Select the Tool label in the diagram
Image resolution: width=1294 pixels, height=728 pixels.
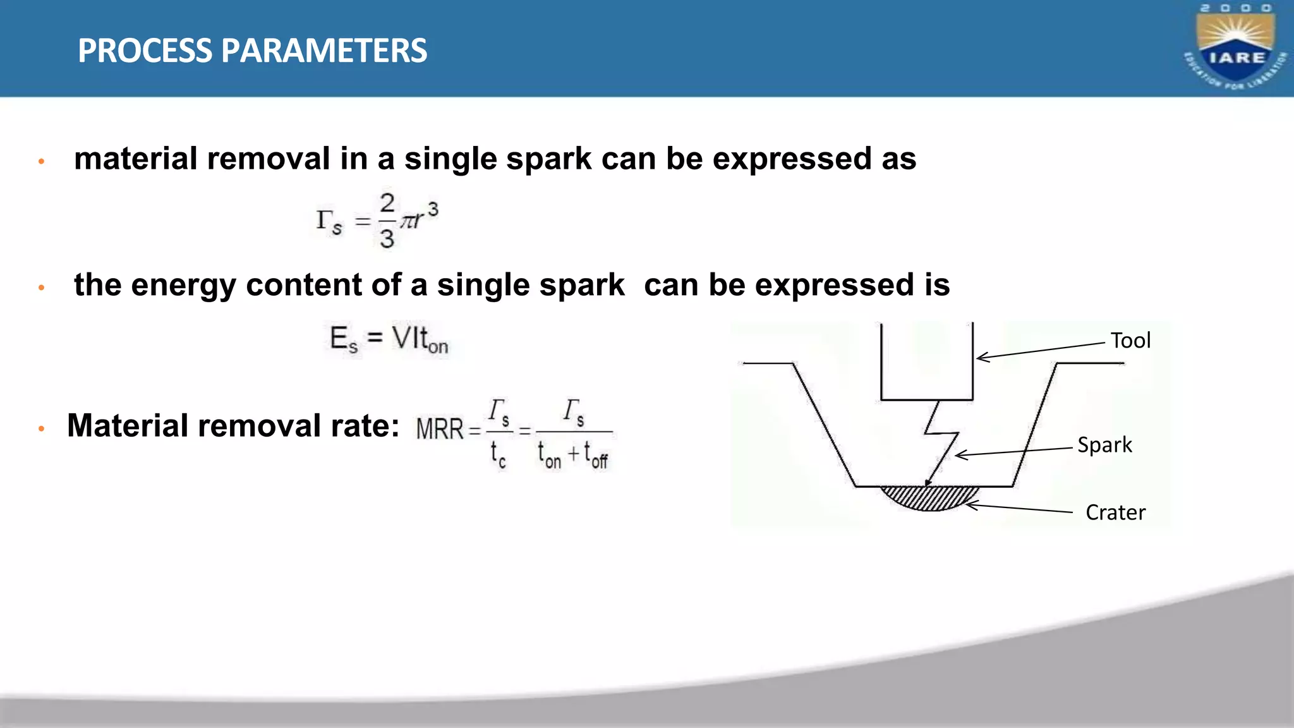click(1130, 341)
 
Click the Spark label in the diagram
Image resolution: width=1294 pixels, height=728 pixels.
click(1104, 445)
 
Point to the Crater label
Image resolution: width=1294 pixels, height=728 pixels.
click(1115, 513)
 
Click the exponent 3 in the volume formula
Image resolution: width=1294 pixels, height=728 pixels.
click(433, 208)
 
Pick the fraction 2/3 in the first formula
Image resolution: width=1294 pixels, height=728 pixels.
click(387, 221)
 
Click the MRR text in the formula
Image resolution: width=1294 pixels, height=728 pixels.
click(440, 429)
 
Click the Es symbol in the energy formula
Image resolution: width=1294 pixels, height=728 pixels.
click(344, 339)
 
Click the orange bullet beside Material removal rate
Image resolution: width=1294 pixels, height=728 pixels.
click(42, 429)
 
